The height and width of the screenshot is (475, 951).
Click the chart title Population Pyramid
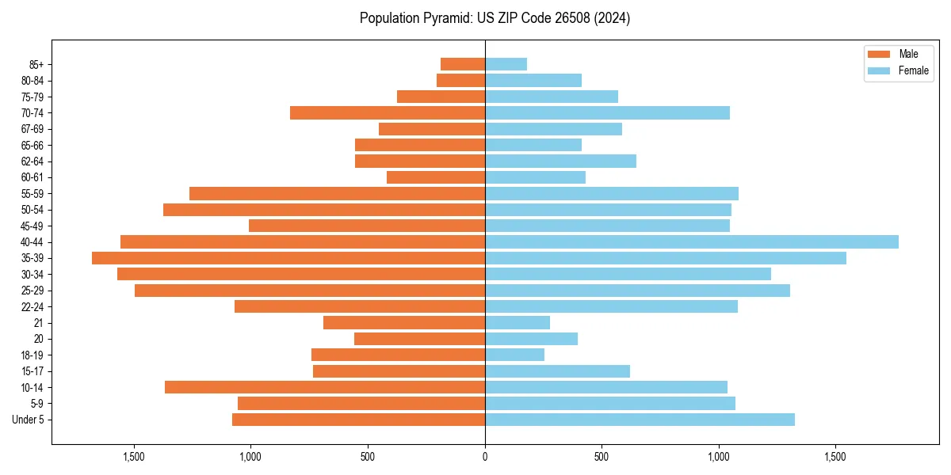pyautogui.click(x=495, y=18)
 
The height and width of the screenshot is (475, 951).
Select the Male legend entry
pyautogui.click(x=908, y=54)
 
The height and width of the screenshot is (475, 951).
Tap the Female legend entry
pyautogui.click(x=913, y=70)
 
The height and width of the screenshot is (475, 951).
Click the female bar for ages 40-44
pyautogui.click(x=691, y=241)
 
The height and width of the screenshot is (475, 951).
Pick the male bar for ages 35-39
pyautogui.click(x=288, y=258)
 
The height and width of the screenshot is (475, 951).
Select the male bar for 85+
pyautogui.click(x=463, y=64)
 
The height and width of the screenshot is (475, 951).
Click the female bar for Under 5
pyautogui.click(x=640, y=420)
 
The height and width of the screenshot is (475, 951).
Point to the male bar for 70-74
pyautogui.click(x=388, y=112)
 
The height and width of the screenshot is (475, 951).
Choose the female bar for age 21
pyautogui.click(x=518, y=322)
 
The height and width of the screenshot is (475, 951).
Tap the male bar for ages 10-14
pyautogui.click(x=325, y=387)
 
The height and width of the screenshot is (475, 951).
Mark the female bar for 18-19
pyautogui.click(x=514, y=355)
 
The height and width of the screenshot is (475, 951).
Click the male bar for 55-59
pyautogui.click(x=337, y=193)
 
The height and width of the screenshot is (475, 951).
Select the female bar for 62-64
pyautogui.click(x=560, y=161)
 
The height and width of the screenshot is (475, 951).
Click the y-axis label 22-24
pyautogui.click(x=32, y=306)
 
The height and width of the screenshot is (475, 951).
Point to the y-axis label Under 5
pyautogui.click(x=29, y=420)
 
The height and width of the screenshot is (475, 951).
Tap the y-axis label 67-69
pyautogui.click(x=32, y=129)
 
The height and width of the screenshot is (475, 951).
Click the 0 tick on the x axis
pyautogui.click(x=485, y=457)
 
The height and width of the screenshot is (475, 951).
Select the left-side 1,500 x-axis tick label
pyautogui.click(x=134, y=457)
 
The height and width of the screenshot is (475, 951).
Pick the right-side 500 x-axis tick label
pyautogui.click(x=602, y=457)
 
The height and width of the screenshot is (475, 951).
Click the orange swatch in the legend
pyautogui.click(x=879, y=54)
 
